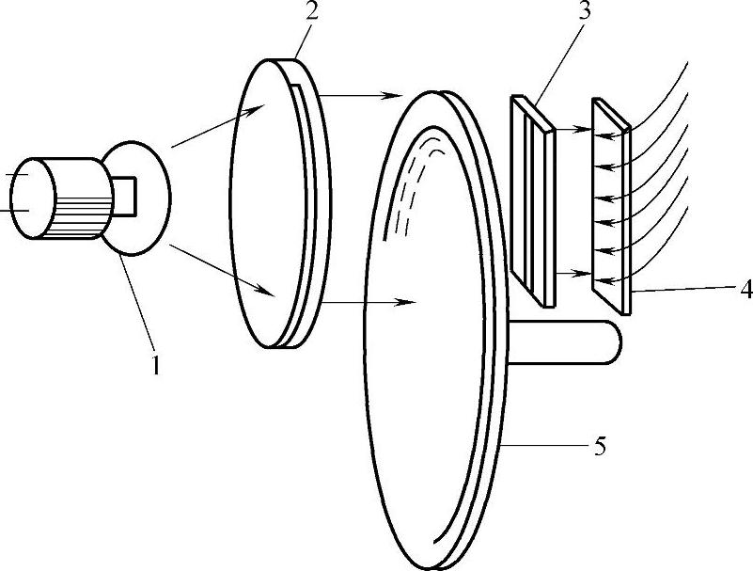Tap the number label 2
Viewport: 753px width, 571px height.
point(312,9)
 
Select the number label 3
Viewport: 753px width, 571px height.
point(584,9)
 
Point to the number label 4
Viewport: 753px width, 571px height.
point(745,290)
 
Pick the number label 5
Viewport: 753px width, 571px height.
point(600,446)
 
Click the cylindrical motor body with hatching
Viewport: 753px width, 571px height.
point(61,198)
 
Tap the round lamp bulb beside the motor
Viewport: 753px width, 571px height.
point(139,198)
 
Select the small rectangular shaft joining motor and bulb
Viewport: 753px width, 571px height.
point(125,197)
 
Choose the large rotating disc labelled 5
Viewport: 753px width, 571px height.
point(434,330)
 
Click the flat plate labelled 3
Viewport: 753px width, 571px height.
point(533,200)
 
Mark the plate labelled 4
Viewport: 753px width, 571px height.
point(611,206)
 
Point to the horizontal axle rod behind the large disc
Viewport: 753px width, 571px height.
point(565,341)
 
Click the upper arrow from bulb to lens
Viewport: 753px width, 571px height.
point(217,126)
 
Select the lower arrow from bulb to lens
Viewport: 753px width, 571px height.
point(222,270)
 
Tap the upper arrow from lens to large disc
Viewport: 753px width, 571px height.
point(360,96)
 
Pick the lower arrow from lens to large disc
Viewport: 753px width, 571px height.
point(369,302)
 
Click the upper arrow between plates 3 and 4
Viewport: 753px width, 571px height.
point(573,129)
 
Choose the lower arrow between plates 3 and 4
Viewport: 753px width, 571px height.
point(573,274)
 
